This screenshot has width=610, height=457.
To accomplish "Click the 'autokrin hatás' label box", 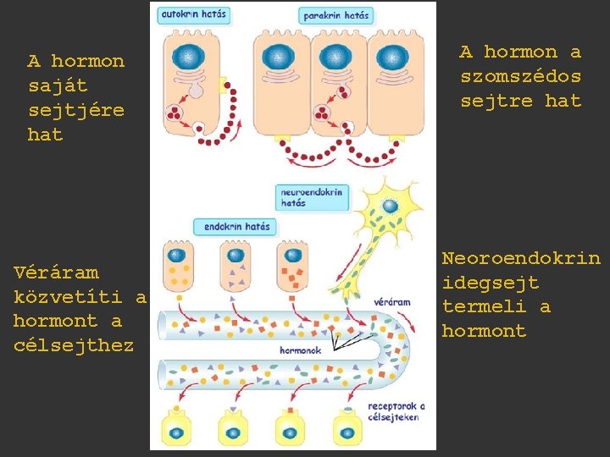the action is pyautogui.click(x=194, y=15).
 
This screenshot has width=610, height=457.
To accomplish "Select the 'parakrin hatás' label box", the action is pyautogui.click(x=336, y=16).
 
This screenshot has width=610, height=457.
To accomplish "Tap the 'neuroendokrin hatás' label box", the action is pyautogui.click(x=312, y=197).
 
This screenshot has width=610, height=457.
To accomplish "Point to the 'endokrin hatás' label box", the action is pyautogui.click(x=236, y=227).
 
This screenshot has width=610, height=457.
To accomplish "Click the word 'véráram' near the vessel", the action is pyautogui.click(x=391, y=302).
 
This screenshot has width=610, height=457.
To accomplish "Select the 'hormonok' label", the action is pyautogui.click(x=300, y=350).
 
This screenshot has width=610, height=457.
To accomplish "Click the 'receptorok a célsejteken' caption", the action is pyautogui.click(x=396, y=411).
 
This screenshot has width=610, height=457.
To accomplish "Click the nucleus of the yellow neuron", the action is pyautogui.click(x=390, y=206).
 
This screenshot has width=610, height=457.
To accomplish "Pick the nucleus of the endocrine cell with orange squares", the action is pyautogui.click(x=292, y=256).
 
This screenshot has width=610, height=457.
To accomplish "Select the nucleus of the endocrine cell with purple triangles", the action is pyautogui.click(x=236, y=256).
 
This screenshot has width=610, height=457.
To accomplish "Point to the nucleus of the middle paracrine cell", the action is pyautogui.click(x=335, y=57).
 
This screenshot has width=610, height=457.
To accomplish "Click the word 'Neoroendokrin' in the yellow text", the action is pyautogui.click(x=521, y=258).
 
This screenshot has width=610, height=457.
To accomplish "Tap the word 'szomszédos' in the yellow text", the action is pyautogui.click(x=521, y=75).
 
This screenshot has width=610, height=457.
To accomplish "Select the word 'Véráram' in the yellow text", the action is pyautogui.click(x=56, y=273).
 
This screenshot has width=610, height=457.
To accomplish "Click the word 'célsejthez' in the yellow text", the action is pyautogui.click(x=74, y=344).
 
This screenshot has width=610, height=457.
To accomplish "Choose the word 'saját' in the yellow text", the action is pyautogui.click(x=58, y=85).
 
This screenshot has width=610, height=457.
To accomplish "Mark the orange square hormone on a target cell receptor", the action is pyautogui.click(x=291, y=410).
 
